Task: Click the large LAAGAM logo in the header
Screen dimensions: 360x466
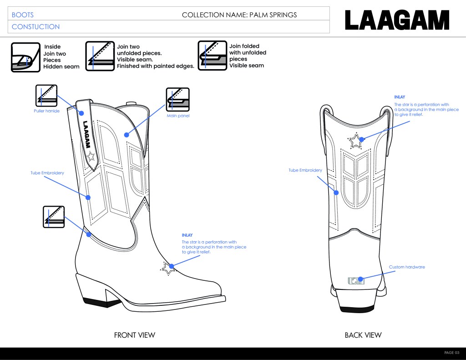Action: pos(397,20)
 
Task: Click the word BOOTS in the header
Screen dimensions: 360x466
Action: pos(23,15)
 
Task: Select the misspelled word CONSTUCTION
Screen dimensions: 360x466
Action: pos(35,27)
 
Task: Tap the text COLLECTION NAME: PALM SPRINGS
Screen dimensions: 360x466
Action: pos(239,15)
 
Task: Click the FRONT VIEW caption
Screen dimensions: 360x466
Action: pos(134,335)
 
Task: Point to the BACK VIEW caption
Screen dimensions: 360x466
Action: pos(363,335)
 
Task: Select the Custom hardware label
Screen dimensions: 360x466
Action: pos(407,267)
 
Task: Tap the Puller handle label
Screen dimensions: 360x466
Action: pos(46,111)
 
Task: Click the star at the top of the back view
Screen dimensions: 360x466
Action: pos(355,141)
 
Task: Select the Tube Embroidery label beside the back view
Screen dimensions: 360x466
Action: pos(305,171)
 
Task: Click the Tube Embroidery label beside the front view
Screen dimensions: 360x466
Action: pos(47,173)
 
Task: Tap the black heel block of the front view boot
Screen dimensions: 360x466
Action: pos(95,301)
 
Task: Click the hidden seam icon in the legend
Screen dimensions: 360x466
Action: pos(25,57)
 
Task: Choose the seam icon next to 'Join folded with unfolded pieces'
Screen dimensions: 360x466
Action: pos(212,56)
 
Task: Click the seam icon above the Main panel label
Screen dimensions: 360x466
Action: pos(178,99)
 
